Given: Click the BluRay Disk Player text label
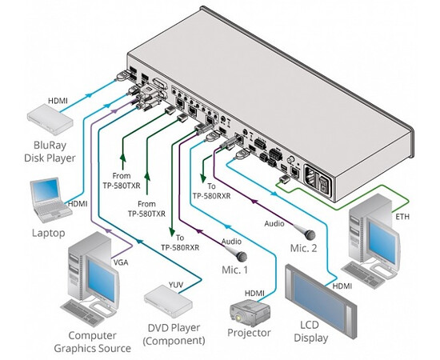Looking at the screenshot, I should click(55, 150).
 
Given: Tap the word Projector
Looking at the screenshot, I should click(249, 333).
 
